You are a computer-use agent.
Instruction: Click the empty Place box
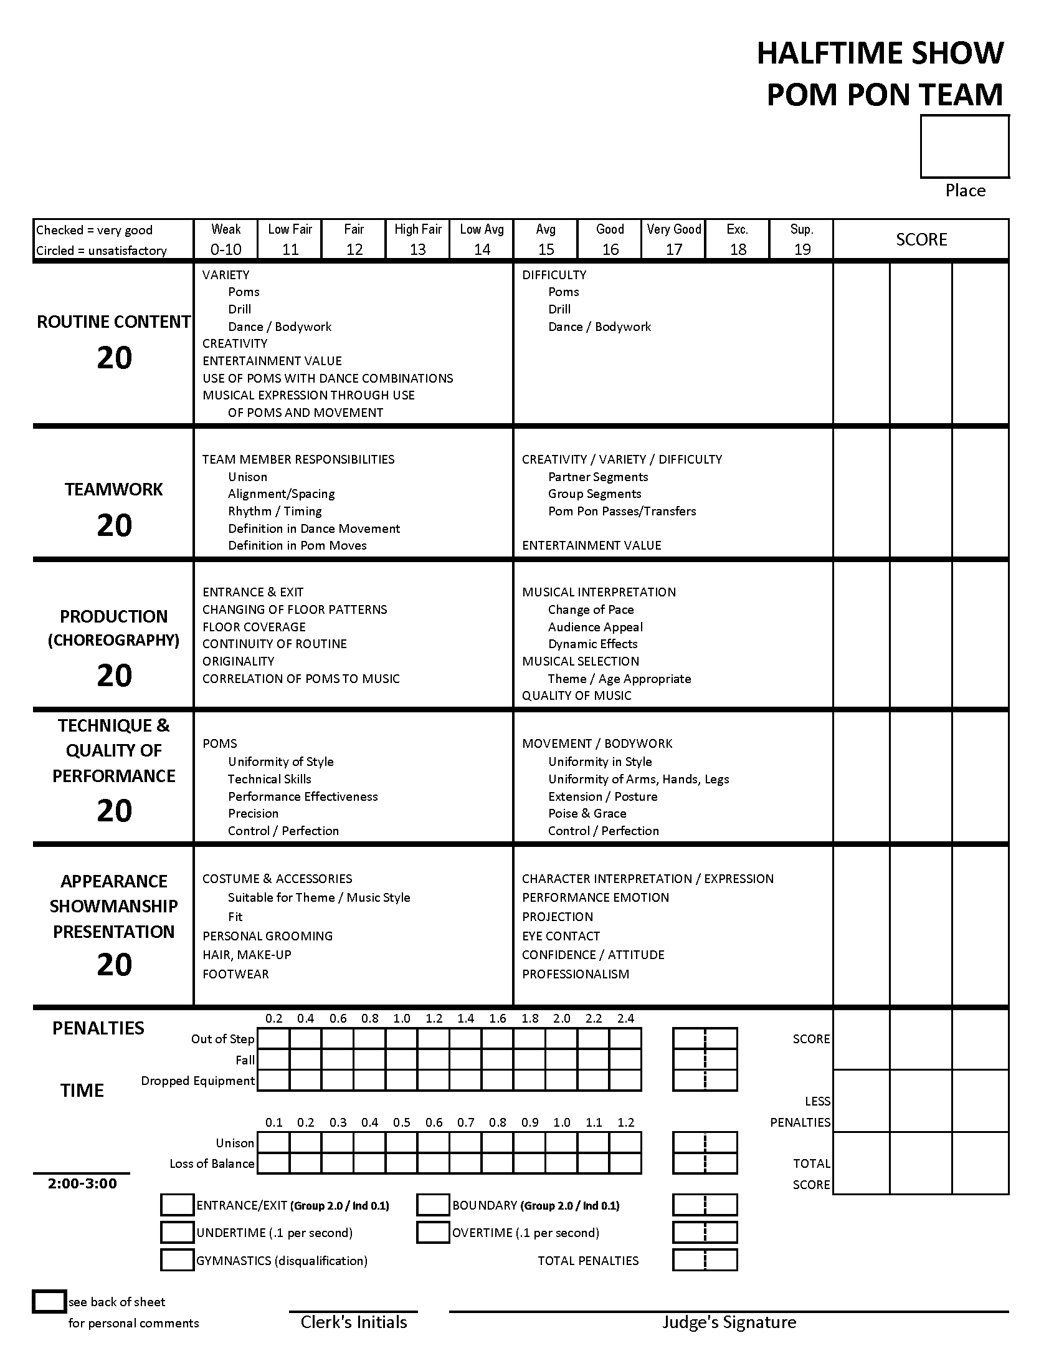click(x=964, y=146)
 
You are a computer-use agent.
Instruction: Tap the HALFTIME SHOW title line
click(x=880, y=53)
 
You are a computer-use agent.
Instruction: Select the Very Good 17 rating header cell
click(x=674, y=239)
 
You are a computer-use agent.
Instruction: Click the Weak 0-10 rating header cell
click(x=226, y=239)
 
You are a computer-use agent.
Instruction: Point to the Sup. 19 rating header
click(x=802, y=239)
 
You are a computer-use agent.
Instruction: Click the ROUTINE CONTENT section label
click(x=113, y=322)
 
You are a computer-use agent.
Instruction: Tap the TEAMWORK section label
click(x=113, y=490)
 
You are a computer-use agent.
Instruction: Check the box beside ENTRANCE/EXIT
click(x=177, y=1205)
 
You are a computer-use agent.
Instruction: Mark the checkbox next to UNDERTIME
click(x=177, y=1232)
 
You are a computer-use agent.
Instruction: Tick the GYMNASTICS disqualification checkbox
click(x=177, y=1260)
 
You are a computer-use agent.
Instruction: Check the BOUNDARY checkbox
click(x=433, y=1205)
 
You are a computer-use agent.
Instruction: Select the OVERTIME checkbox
click(x=433, y=1232)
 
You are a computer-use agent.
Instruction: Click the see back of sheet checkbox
click(x=49, y=1301)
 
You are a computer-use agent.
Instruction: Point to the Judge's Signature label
click(x=729, y=1322)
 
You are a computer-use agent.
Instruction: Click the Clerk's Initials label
click(x=354, y=1322)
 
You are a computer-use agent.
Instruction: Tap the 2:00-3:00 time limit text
click(x=82, y=1184)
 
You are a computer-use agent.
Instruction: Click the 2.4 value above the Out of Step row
click(x=625, y=1018)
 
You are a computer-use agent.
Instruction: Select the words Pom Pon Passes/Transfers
click(x=622, y=511)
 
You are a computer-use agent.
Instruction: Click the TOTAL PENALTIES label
click(x=588, y=1261)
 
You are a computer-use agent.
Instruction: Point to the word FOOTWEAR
click(x=235, y=974)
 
